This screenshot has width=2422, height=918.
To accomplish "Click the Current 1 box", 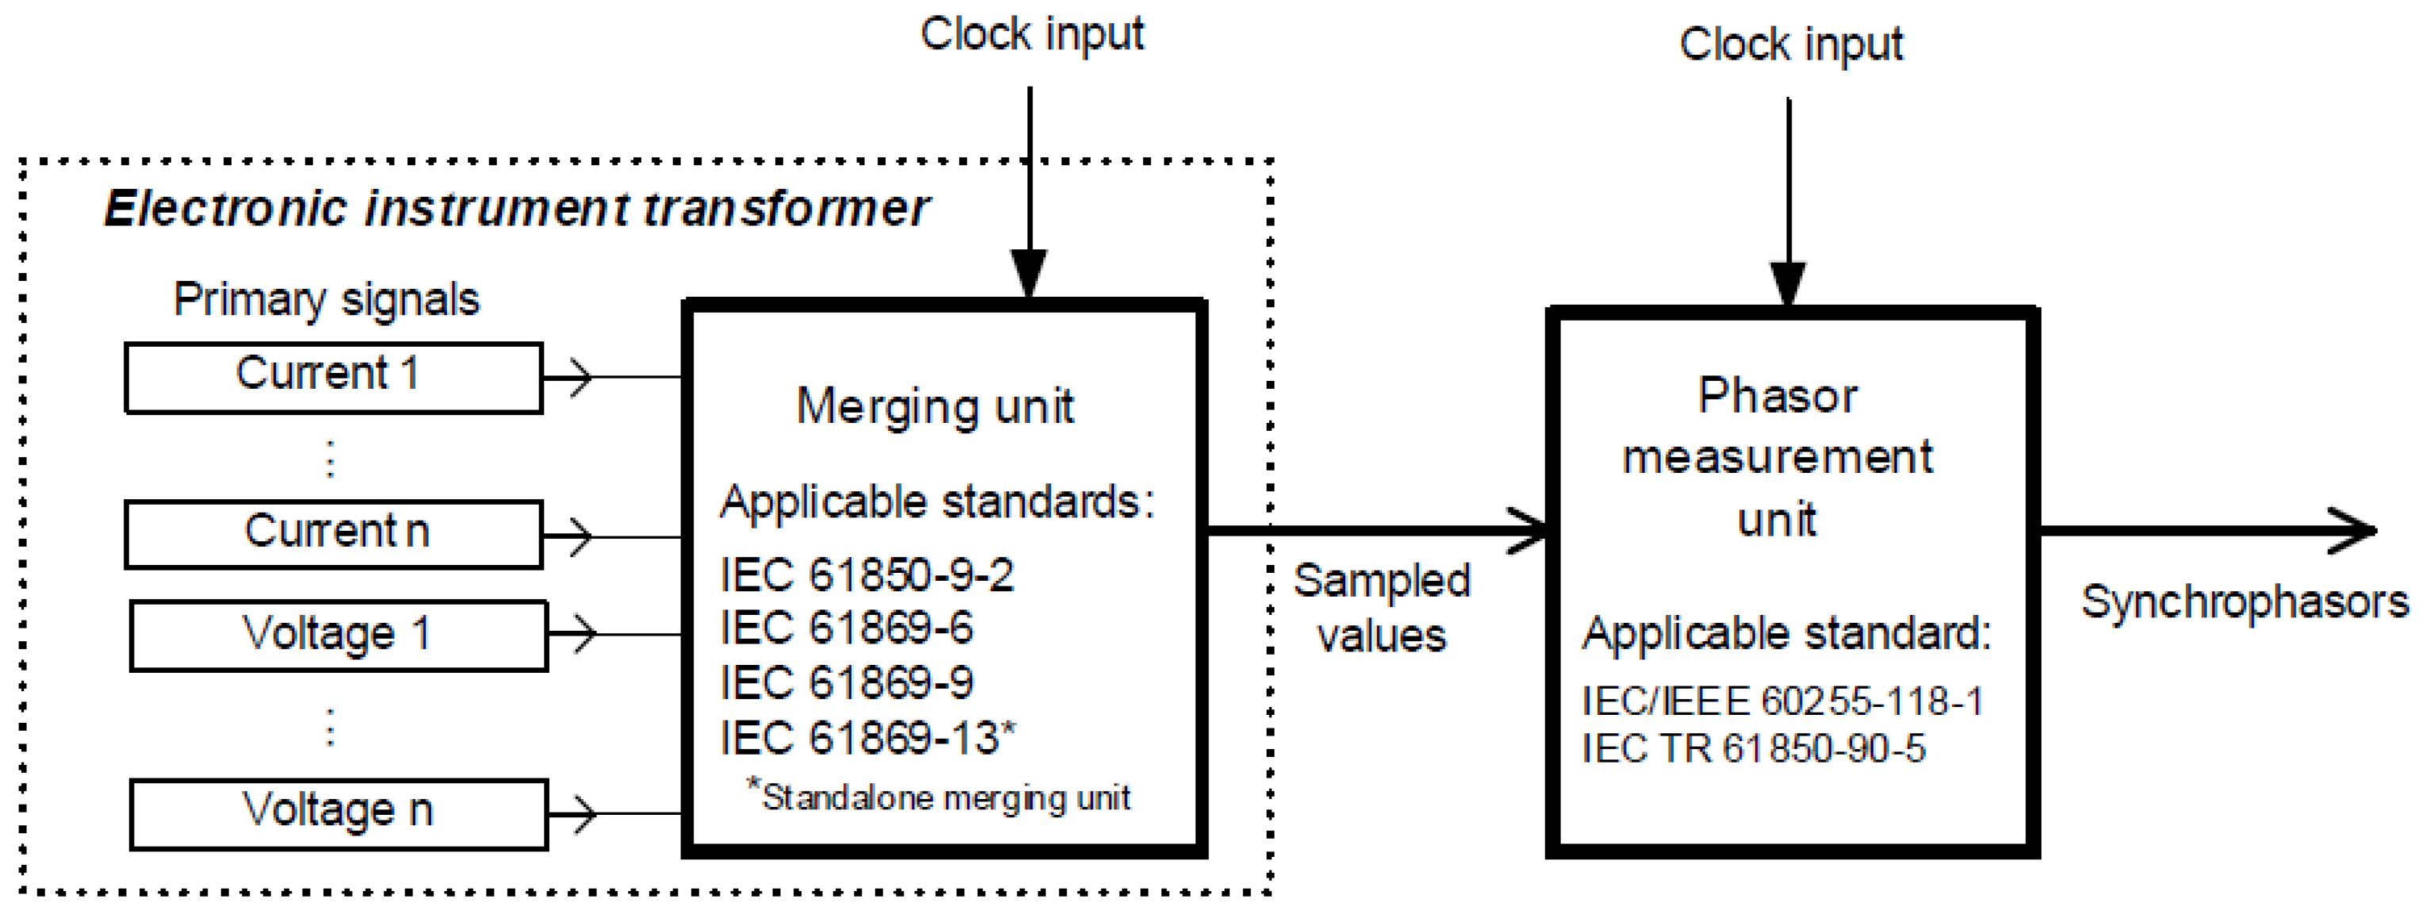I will (x=333, y=376).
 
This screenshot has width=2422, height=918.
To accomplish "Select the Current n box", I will (x=333, y=533).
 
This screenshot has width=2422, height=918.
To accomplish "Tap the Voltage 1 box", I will (x=338, y=635).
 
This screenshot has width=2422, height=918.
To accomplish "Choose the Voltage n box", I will (x=338, y=812).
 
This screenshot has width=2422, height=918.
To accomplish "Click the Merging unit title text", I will (x=935, y=407).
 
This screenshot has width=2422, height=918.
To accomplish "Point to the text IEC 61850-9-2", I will (x=866, y=574).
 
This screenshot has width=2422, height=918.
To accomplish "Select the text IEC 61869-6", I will (x=845, y=628).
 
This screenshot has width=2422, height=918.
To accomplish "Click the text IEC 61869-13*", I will (x=867, y=737).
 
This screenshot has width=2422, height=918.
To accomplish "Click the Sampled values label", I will (x=1380, y=608).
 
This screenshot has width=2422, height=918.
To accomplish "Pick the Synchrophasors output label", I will (x=2244, y=602).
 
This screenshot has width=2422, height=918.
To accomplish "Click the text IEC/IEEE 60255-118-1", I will (x=1781, y=701).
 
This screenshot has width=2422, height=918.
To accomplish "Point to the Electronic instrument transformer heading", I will (x=515, y=208).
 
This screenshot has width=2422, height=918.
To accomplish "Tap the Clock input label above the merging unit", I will (x=1031, y=35).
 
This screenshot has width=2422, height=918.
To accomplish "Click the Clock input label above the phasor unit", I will (x=1790, y=45).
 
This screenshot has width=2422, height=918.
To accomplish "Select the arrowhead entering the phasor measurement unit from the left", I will (x=1531, y=531).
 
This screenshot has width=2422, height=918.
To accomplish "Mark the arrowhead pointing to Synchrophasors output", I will (x=2356, y=531).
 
